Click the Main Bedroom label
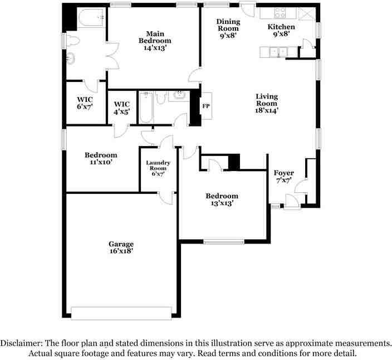(x=155, y=41)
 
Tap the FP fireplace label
(x=205, y=106)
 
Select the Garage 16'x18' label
(x=121, y=247)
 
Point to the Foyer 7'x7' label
(x=284, y=177)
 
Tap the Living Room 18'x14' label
(x=267, y=103)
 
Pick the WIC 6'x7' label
(x=85, y=103)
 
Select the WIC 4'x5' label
(x=121, y=108)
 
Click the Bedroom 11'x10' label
(x=101, y=158)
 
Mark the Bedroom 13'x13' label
(x=222, y=200)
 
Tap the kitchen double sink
(x=276, y=52)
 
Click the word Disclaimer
(x=22, y=343)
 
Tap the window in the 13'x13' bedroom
(x=223, y=242)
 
